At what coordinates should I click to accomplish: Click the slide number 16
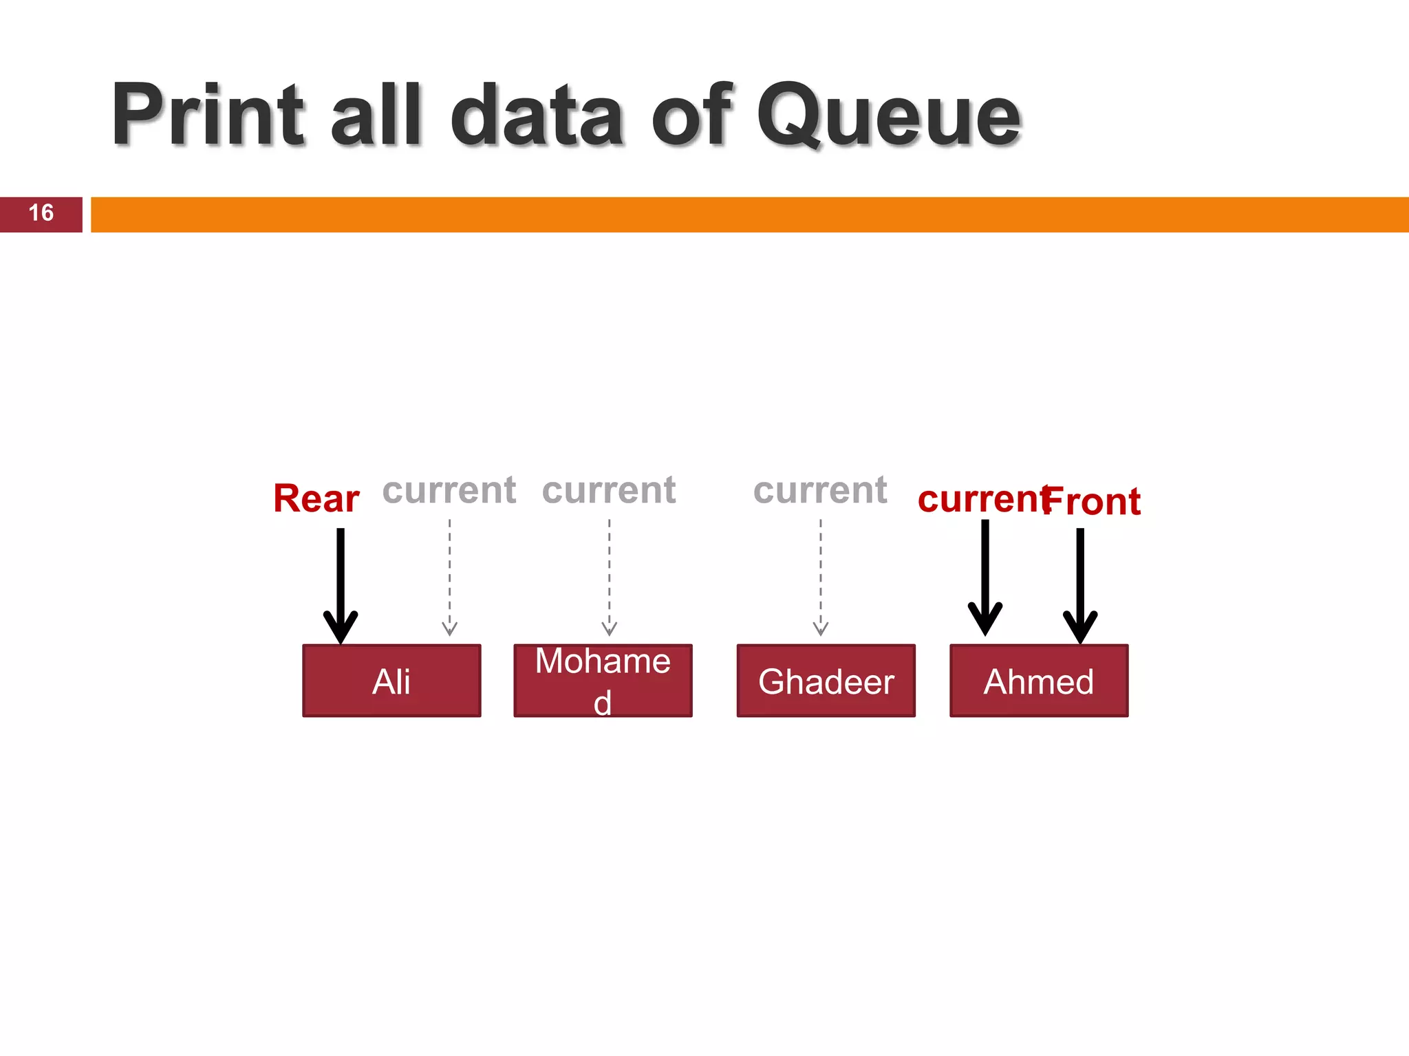pos(41,213)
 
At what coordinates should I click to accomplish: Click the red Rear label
pos(316,498)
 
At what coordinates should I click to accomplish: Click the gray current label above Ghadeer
pos(820,490)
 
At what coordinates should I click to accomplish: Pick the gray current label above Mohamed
pos(609,490)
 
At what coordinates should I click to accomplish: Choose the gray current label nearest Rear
pos(449,490)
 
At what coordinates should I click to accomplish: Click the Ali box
pos(391,681)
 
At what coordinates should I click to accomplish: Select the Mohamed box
pos(603,681)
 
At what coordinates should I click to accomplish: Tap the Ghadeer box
pos(826,681)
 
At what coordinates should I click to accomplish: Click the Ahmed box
pos(1039,681)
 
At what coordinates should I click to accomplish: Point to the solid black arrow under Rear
pos(341,584)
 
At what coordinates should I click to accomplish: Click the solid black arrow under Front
pos(1080,584)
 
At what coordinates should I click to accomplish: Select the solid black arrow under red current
pos(985,577)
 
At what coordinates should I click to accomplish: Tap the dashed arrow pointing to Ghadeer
pos(820,577)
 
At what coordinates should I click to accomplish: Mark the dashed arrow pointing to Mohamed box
pos(609,577)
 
